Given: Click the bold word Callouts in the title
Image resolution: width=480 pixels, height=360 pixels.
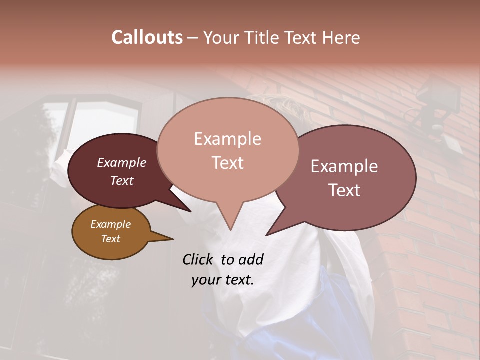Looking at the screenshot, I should [147, 37].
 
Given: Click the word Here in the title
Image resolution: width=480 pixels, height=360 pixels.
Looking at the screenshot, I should [341, 37].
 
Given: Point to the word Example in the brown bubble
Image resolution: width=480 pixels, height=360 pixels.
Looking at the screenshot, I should [111, 224].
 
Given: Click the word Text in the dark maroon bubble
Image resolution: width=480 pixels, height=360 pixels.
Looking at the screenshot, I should [122, 180].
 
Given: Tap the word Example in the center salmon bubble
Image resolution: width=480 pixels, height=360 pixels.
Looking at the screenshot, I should [227, 139].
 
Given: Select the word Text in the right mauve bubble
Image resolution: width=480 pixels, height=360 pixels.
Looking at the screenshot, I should [344, 190].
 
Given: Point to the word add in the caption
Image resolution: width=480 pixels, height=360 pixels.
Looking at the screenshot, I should [251, 259].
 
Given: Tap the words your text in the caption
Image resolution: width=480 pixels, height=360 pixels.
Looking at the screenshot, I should [222, 280].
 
